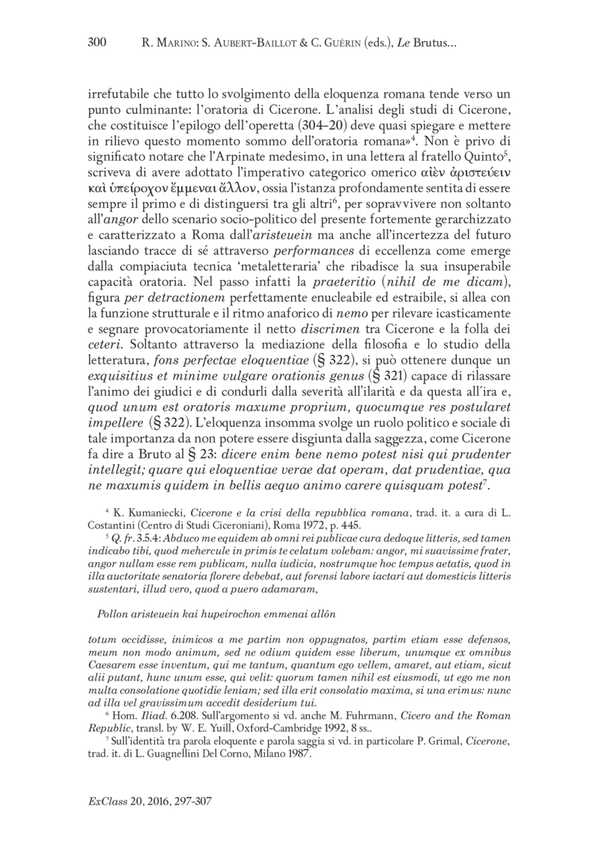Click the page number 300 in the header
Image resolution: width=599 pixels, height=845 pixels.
point(99,44)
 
